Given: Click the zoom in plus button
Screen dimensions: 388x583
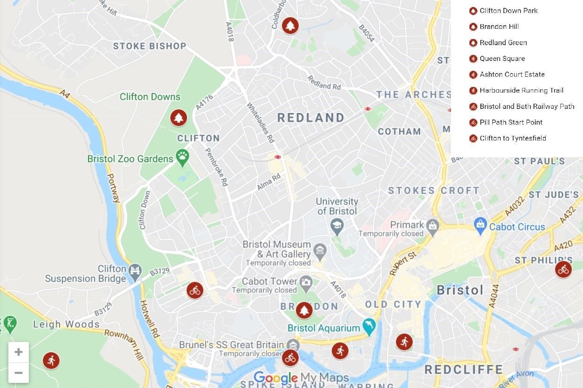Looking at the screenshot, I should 19,352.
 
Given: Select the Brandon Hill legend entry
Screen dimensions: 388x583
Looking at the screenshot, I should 499,27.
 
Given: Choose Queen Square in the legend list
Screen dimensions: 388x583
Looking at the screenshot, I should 502,59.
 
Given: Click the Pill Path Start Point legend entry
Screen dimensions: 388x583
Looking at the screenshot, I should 511,122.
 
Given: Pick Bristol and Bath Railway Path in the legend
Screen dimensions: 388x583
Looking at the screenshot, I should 527,107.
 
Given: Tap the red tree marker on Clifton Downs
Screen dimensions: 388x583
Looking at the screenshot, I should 178,118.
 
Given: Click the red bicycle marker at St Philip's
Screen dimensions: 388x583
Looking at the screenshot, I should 563,269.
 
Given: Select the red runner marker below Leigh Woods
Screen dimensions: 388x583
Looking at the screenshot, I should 51,360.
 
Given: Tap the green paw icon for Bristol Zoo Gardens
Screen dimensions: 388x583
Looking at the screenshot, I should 182,158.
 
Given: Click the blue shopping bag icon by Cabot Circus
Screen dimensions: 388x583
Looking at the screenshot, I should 480,225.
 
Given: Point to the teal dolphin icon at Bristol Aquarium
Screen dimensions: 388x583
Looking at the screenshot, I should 369,327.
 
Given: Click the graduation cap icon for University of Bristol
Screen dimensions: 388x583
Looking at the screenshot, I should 336,227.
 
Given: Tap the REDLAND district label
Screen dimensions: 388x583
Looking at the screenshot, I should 311,118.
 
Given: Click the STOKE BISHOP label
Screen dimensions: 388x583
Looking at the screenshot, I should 149,46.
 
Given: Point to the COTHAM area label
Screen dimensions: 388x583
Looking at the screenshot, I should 399,132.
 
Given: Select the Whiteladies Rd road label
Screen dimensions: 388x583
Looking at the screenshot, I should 261,122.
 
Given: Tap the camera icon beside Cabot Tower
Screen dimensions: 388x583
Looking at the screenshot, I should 306,281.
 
